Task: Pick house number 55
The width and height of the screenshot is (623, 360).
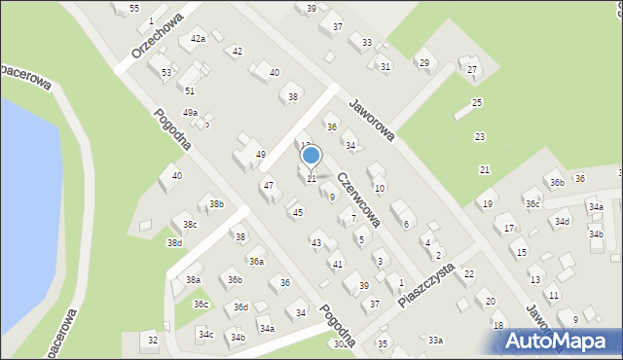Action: tap(133, 9)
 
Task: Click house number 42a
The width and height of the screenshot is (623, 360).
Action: tap(199, 39)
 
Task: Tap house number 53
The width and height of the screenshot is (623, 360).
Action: tap(166, 73)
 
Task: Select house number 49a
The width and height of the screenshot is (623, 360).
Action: tap(190, 113)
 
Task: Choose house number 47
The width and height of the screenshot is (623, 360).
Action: tap(268, 185)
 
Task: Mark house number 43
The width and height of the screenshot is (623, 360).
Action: tap(316, 242)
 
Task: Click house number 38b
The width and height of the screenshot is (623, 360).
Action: tap(216, 204)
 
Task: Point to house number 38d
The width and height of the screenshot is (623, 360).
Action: tap(174, 242)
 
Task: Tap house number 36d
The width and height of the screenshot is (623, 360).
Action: tap(240, 307)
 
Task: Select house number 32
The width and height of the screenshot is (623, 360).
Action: tap(153, 340)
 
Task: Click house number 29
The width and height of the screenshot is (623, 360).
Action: tap(423, 63)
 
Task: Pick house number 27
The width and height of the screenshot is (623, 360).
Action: tap(472, 69)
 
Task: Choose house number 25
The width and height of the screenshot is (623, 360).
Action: tap(477, 102)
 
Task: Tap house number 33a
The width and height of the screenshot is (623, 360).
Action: tap(435, 340)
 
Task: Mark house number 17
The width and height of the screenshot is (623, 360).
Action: tap(508, 229)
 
